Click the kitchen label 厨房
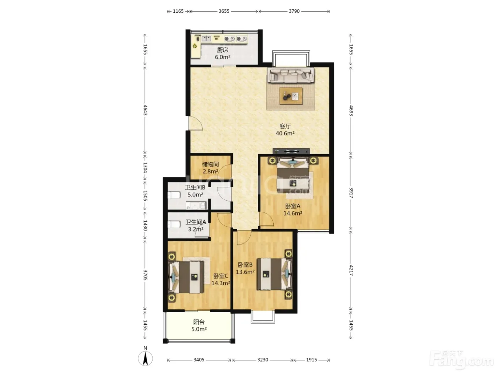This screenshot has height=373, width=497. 223,50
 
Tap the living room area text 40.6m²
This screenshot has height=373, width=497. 285,133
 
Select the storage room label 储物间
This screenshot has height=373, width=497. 211,164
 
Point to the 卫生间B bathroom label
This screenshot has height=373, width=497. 195,188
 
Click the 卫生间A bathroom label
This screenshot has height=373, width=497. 196,222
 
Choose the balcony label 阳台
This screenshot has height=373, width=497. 199,322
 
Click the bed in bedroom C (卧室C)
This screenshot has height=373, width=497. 186,277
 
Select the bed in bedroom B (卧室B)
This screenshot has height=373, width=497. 274,274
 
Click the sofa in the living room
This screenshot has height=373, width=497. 291,75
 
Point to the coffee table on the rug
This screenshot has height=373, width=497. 291,96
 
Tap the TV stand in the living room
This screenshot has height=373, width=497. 291,151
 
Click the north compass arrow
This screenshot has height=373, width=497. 145,358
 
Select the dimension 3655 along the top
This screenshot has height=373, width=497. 224,11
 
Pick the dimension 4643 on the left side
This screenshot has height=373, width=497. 145,110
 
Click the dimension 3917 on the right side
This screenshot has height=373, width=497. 351,193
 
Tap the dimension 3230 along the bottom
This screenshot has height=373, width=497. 263,360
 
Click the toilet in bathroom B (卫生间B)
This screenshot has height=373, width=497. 174,195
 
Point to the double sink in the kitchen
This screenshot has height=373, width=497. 206,39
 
